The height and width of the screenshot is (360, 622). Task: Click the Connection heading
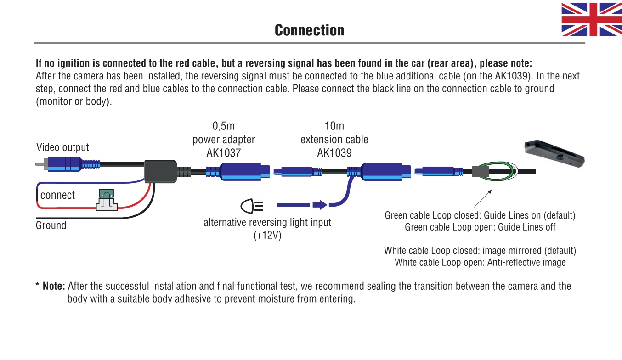coord(309,30)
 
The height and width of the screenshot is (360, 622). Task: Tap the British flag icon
coord(592,19)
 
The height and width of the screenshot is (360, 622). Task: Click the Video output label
coord(62,147)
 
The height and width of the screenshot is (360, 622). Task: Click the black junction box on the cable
coord(161,172)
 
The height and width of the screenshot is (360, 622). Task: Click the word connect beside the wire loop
coord(57,195)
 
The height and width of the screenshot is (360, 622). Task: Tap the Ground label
coord(51,225)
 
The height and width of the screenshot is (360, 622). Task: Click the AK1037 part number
coord(223,153)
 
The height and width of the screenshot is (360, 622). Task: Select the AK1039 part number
coord(334,153)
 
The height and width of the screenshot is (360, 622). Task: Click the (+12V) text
coord(267,236)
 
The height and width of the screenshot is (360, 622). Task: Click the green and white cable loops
coord(497,173)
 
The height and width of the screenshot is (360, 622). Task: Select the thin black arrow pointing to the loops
coord(482,198)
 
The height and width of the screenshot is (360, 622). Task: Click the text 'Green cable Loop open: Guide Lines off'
coord(480,227)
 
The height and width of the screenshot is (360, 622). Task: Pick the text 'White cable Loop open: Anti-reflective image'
coord(480,263)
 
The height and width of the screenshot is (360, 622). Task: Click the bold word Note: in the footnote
coord(54,287)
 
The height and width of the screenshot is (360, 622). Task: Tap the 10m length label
coord(334,126)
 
